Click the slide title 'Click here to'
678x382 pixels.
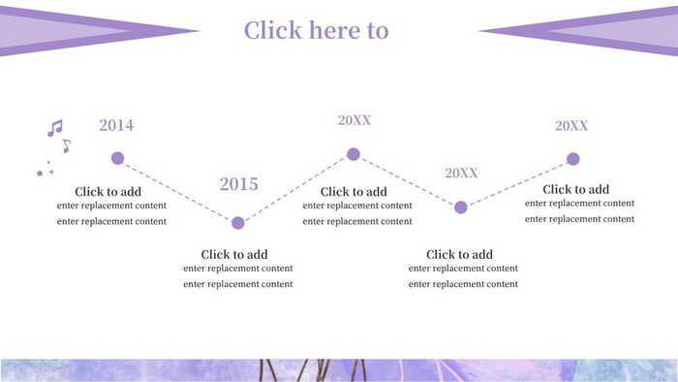tap(316, 30)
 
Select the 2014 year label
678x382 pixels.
tap(116, 125)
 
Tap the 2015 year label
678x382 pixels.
tap(238, 184)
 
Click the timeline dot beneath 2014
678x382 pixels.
tap(117, 158)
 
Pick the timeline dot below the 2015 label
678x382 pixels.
tap(238, 223)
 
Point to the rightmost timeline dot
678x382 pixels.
tap(572, 159)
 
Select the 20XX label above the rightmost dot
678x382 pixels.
tap(571, 126)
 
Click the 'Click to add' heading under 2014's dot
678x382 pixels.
tap(108, 192)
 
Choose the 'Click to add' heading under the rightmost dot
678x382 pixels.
tap(575, 190)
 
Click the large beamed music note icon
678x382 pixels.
tap(55, 128)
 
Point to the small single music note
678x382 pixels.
tap(66, 146)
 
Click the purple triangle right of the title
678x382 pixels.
tap(591, 31)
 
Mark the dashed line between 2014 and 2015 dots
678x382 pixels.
tap(177, 190)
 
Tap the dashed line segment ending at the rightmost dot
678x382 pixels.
tap(517, 183)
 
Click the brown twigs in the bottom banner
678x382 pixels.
tap(310, 370)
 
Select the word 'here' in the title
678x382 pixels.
tap(328, 30)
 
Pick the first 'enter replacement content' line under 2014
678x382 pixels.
tap(111, 206)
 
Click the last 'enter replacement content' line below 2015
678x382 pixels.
tap(237, 284)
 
